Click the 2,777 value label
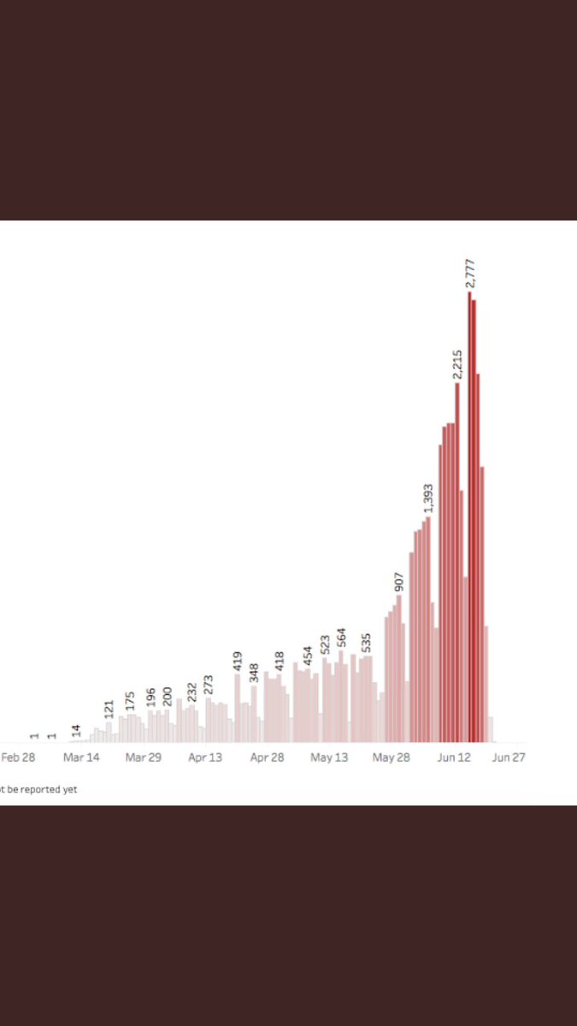[470, 274]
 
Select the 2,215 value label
[457, 364]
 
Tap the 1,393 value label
[428, 498]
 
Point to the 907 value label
[399, 581]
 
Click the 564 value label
[341, 638]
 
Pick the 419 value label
[238, 662]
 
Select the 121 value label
[109, 710]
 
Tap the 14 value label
[75, 730]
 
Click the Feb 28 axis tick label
[18, 758]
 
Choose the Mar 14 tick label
[81, 758]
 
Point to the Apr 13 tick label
[205, 758]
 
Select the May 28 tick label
[392, 758]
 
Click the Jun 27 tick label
[509, 758]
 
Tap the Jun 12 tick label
[454, 758]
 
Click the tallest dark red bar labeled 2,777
[469, 517]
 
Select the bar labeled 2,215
[457, 563]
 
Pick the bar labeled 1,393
[428, 630]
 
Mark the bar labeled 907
[399, 669]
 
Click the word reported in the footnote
[40, 790]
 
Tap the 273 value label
[209, 685]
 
